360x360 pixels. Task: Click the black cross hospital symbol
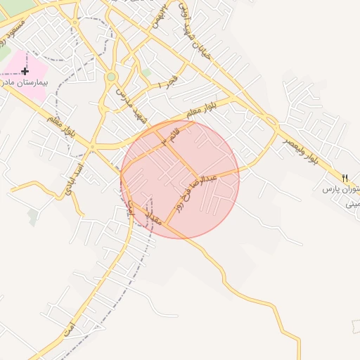tap(25, 71)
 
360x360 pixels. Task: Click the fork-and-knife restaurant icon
tap(344, 178)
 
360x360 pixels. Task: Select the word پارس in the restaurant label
tap(330, 190)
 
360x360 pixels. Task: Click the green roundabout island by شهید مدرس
tap(110, 77)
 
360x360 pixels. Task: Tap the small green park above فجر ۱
tap(146, 72)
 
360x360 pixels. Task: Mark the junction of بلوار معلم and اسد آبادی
tap(93, 147)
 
